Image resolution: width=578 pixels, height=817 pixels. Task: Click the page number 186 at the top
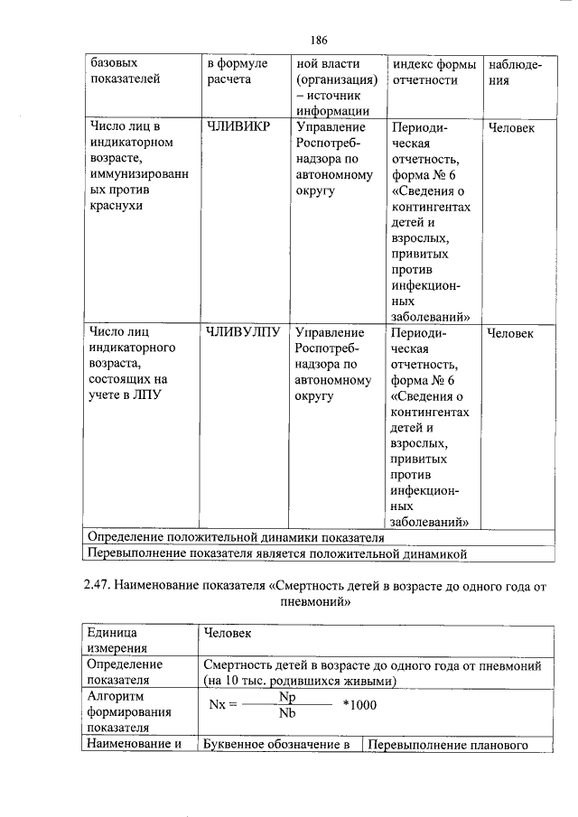click(x=318, y=40)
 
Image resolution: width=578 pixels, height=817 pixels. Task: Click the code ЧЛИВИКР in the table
click(x=238, y=127)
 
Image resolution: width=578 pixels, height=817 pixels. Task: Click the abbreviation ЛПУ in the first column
click(x=146, y=396)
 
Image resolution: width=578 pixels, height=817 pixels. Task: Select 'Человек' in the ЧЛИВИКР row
click(x=510, y=128)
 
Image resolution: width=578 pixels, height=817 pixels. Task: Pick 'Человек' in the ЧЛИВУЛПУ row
click(x=510, y=334)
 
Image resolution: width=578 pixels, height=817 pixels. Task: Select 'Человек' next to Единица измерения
click(x=228, y=633)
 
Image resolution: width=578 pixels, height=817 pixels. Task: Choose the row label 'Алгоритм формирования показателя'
click(x=120, y=712)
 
